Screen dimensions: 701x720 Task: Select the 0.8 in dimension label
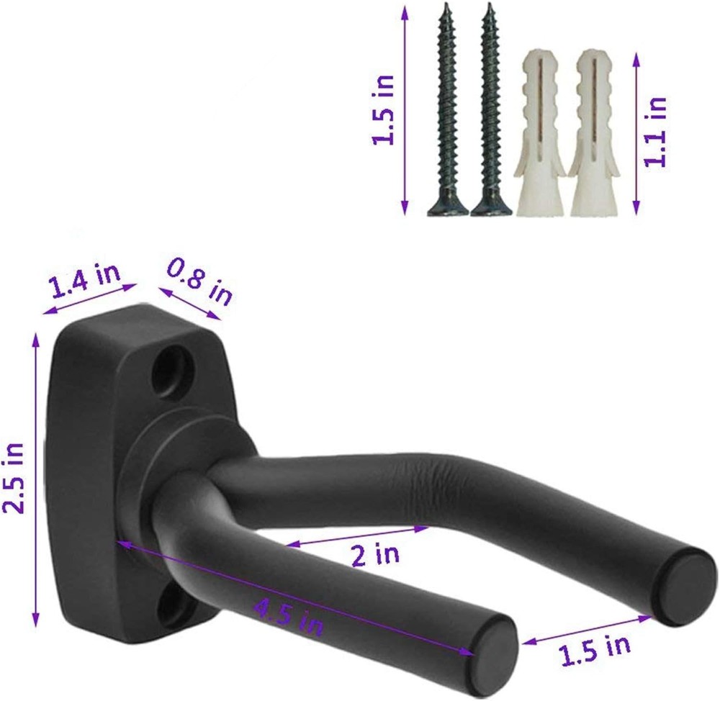click(x=199, y=282)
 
